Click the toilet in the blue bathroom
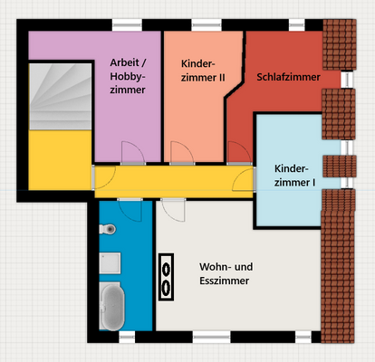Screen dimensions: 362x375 [108, 229]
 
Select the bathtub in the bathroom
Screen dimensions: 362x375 [113, 308]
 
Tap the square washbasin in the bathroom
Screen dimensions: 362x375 [111, 265]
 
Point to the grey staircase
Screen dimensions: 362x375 [59, 95]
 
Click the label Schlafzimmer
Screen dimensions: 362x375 [288, 78]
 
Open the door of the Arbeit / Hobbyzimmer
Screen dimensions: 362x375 [130, 153]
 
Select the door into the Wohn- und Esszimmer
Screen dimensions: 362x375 [172, 210]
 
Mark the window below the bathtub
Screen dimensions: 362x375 [121, 337]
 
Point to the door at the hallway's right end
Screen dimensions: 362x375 [244, 179]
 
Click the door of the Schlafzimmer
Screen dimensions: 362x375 [239, 153]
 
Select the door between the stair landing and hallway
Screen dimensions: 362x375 [102, 177]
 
